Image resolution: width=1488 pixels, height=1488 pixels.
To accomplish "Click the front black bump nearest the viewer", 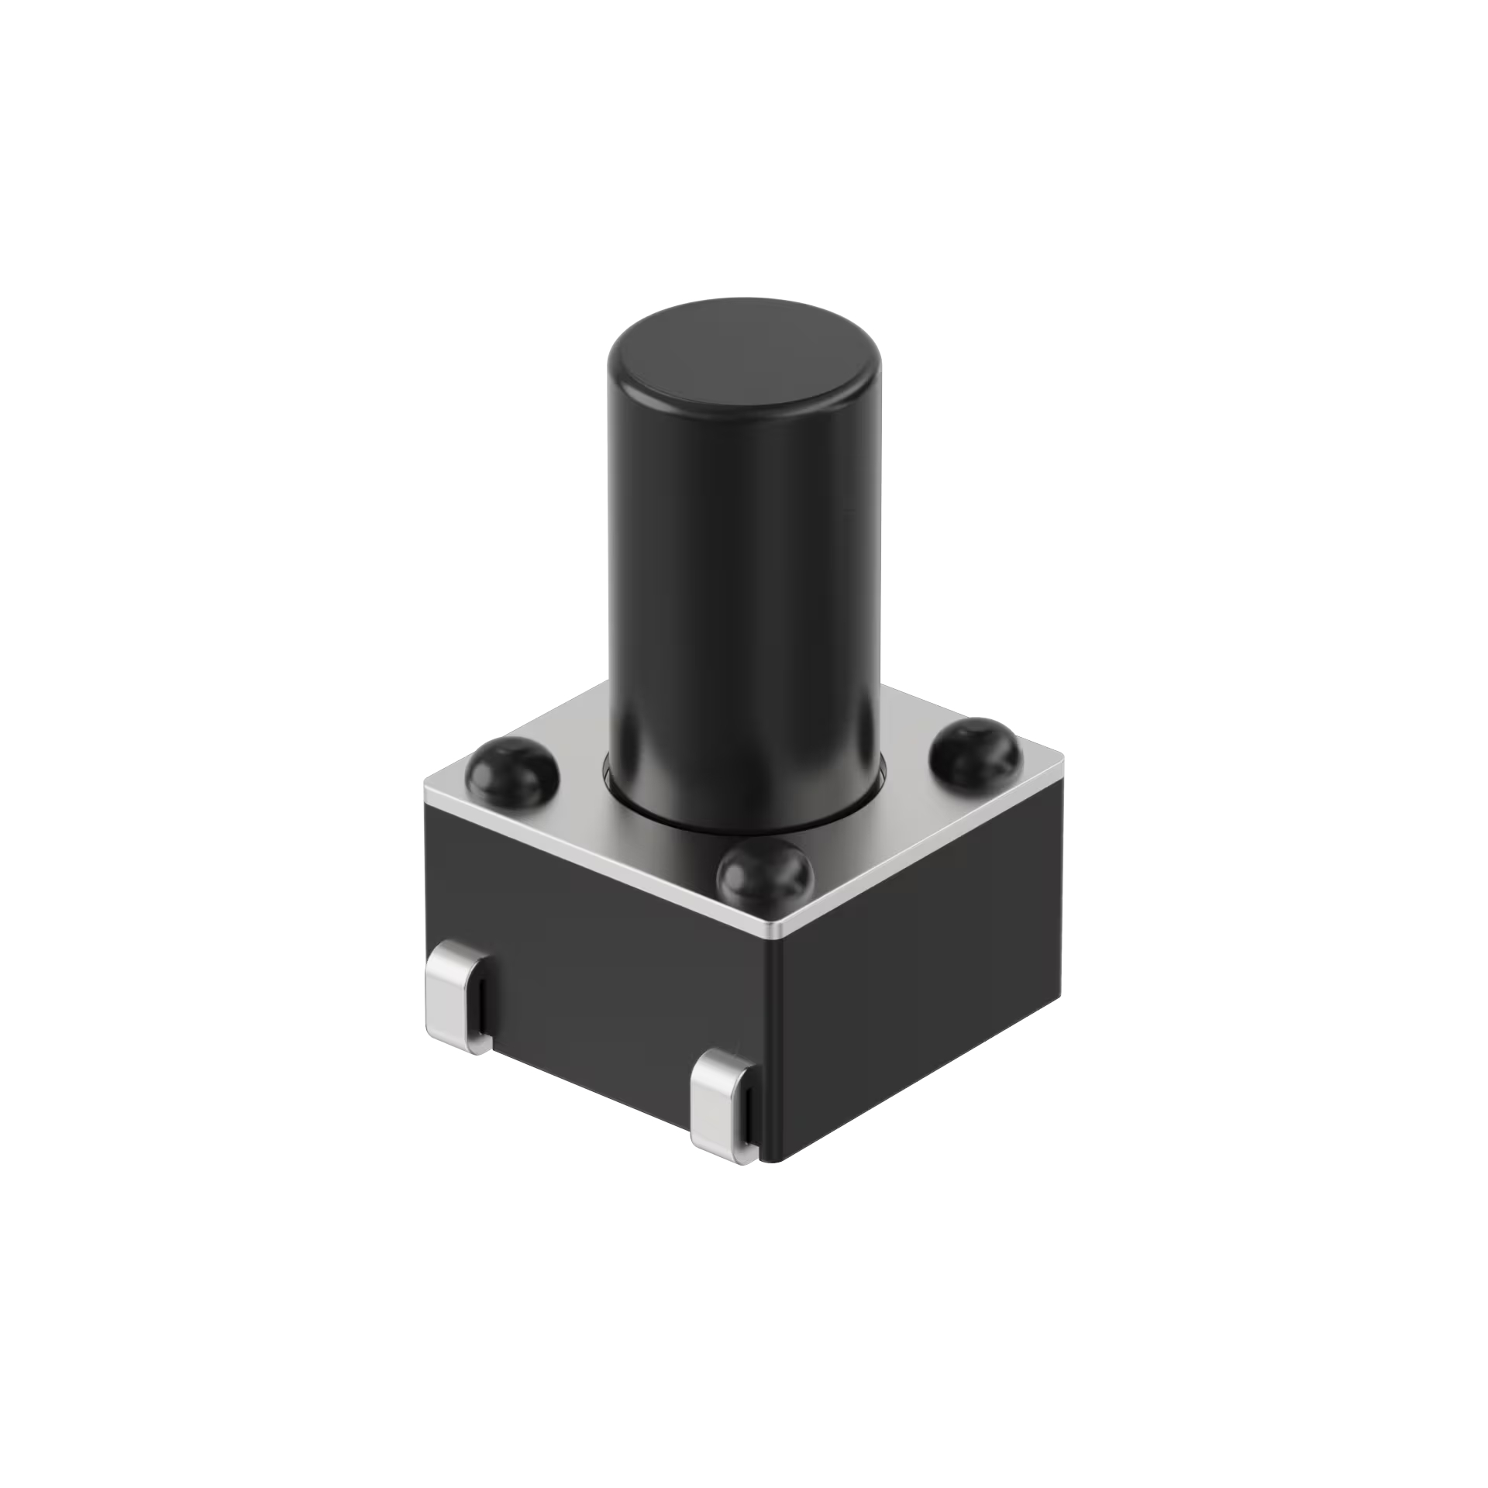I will pos(763,877).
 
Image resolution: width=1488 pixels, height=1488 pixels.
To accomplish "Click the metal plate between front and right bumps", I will pos(883,837).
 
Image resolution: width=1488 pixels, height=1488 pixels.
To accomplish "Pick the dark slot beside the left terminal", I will pos(480,1007).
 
